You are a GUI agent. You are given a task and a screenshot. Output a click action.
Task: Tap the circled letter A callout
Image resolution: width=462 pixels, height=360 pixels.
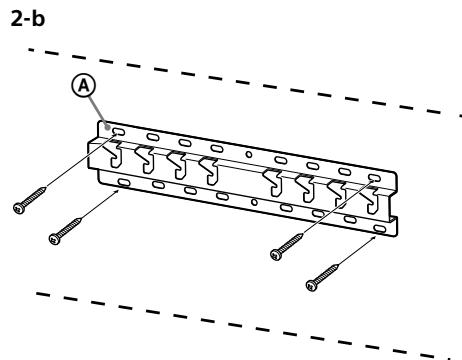point(88,88)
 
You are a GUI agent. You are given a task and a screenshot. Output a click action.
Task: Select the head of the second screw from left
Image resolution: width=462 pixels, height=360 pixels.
point(56,238)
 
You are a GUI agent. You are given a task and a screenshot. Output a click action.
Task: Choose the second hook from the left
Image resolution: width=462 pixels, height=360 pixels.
point(146,157)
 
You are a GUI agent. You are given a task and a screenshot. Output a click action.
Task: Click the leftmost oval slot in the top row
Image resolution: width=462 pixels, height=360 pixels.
point(118,130)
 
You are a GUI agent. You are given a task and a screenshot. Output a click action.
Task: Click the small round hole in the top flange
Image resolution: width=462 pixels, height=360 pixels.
point(248,157)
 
